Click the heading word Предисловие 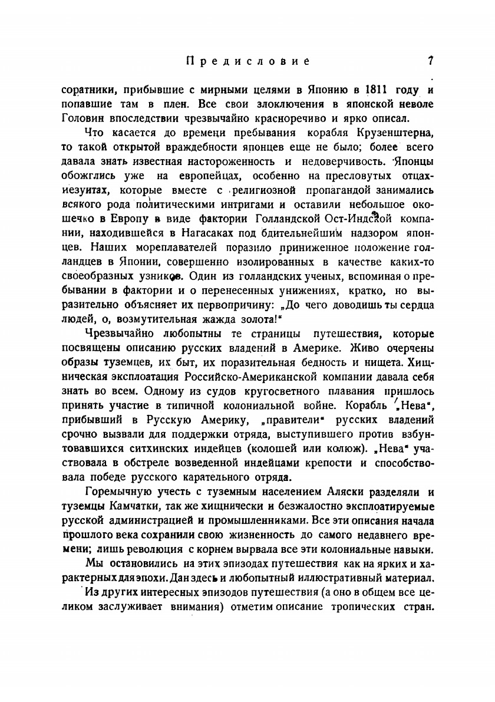[247, 61]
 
